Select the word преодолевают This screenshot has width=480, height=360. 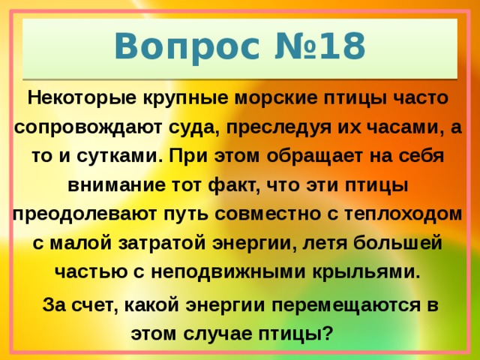pyautogui.click(x=89, y=215)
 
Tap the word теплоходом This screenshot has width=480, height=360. pyautogui.click(x=401, y=215)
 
